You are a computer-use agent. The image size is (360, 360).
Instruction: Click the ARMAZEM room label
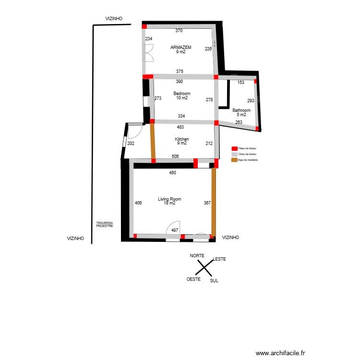point(181,48)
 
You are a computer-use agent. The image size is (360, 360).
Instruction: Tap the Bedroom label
point(181,94)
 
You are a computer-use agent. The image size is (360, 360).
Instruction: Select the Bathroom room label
point(241,110)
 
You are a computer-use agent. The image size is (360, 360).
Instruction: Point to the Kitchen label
point(181,139)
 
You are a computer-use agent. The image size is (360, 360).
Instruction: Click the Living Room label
point(169,199)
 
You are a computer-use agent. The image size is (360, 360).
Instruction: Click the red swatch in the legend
point(234,148)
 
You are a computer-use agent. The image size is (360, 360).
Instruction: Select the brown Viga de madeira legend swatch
point(234,159)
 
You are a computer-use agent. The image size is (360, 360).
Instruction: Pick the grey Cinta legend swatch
point(234,154)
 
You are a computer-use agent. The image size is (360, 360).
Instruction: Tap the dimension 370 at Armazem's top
point(179,31)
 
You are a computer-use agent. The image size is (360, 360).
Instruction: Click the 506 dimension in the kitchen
point(175,156)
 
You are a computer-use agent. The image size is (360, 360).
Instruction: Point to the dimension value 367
point(207,203)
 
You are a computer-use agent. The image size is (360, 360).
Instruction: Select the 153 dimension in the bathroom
point(241,83)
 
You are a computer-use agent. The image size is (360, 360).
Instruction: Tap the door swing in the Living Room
point(173,228)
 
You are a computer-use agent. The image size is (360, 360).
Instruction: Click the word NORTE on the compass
point(197,256)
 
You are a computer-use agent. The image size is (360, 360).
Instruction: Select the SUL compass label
point(214,281)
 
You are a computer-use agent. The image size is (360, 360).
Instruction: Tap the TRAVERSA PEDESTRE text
point(104,224)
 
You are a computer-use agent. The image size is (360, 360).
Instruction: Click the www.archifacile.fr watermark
point(280,353)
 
